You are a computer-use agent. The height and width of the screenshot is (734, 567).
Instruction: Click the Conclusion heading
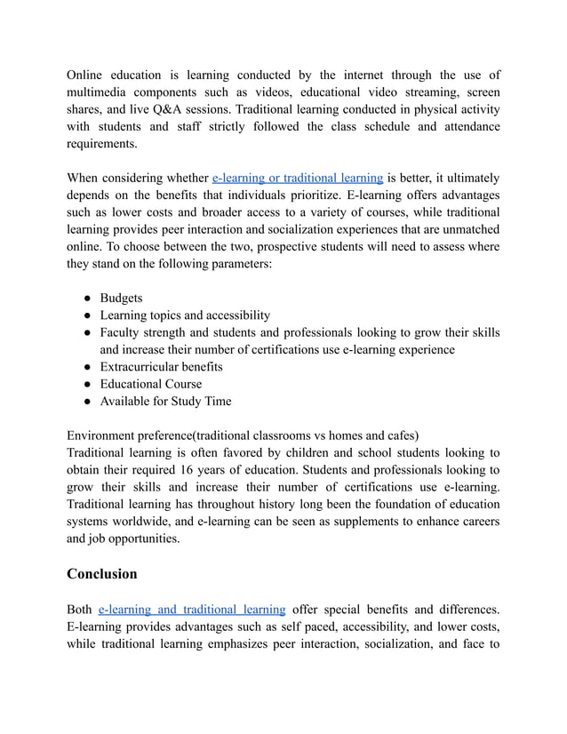point(101,573)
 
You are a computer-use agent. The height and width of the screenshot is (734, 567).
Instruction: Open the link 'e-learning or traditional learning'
point(298,178)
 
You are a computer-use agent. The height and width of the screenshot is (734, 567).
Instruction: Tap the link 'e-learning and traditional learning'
point(192,610)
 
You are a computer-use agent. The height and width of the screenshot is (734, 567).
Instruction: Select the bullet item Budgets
point(121,299)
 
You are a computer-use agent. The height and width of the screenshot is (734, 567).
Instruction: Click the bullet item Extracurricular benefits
point(161,367)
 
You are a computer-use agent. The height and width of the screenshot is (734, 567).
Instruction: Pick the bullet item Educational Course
point(150,384)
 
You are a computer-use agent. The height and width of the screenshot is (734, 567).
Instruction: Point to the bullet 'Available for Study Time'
point(165,401)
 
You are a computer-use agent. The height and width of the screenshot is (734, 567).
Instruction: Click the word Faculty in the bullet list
point(122,332)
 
